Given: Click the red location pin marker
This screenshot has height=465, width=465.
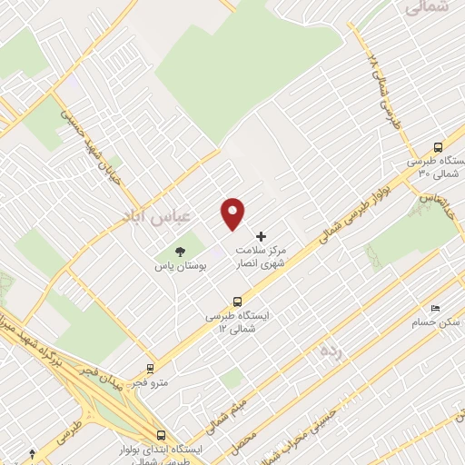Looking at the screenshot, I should pos(233,214).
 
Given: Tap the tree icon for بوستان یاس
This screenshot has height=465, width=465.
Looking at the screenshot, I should pos(178,252).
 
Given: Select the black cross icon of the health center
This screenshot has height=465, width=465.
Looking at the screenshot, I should pos(262,236).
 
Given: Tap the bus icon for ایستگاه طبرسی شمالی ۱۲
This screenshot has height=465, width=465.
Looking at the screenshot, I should pos(238,301).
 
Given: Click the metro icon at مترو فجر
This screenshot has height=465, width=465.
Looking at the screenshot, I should pos(150,370).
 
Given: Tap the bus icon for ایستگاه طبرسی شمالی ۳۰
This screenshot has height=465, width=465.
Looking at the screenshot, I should pos(439,146).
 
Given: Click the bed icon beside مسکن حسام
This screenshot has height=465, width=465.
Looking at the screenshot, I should pos(435,308).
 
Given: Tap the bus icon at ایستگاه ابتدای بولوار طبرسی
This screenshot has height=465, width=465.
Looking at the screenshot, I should pos(161,435).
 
